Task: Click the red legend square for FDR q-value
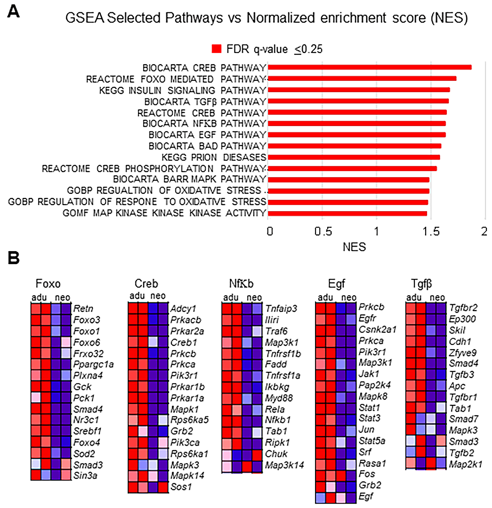point(216,49)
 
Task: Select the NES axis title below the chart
point(354,247)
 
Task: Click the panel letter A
point(13,12)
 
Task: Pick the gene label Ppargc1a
point(93,364)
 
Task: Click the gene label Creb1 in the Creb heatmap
point(183,342)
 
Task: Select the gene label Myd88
point(279,398)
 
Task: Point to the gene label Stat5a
point(372,441)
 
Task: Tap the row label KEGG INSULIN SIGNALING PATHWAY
point(182,90)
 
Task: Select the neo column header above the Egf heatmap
point(349,297)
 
